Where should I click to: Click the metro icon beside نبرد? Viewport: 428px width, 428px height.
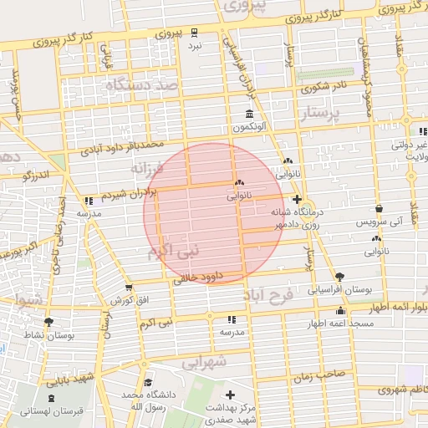tap(194, 33)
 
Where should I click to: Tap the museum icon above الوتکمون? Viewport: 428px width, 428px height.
tap(249, 114)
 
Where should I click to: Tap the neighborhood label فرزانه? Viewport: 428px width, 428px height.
tap(149, 167)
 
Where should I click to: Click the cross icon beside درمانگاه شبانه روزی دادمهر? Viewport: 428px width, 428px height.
tap(298, 199)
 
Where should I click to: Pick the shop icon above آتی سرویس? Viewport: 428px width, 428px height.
tap(380, 209)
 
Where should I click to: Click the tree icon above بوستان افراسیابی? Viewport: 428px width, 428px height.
tap(339, 277)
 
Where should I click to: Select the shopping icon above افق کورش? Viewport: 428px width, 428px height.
tap(129, 287)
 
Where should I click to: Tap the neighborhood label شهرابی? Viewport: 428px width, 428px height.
tap(205, 364)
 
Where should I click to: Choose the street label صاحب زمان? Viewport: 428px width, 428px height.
tap(318, 375)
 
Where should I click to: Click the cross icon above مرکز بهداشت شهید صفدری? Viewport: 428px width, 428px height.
tap(231, 394)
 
